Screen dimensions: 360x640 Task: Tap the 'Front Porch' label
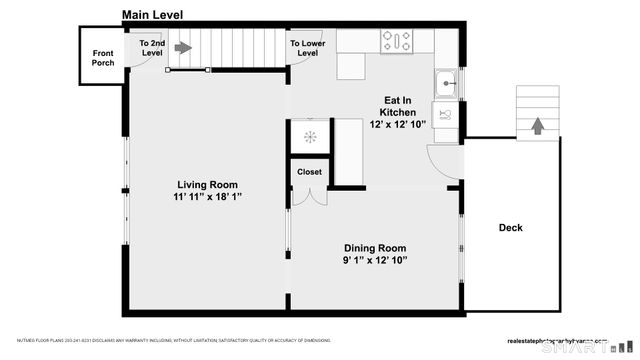pyautogui.click(x=103, y=58)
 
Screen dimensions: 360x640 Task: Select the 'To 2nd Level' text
pyautogui.click(x=151, y=49)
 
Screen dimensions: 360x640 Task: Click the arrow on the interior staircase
pyautogui.click(x=183, y=46)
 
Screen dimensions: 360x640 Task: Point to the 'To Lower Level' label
pyautogui.click(x=307, y=49)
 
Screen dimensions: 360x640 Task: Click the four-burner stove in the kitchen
pyautogui.click(x=396, y=41)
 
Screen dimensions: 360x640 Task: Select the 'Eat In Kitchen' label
pyautogui.click(x=398, y=106)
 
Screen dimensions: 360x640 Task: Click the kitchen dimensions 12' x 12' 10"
pyautogui.click(x=398, y=124)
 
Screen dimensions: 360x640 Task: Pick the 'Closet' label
pyautogui.click(x=309, y=172)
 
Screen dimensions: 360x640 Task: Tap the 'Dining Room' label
pyautogui.click(x=375, y=248)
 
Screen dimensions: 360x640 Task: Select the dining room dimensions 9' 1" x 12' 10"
pyautogui.click(x=375, y=261)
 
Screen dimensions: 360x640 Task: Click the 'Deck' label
pyautogui.click(x=510, y=228)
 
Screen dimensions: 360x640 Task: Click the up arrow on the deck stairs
pyautogui.click(x=537, y=126)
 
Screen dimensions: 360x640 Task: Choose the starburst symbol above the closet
pyautogui.click(x=309, y=137)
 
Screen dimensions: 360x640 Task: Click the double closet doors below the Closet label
pyautogui.click(x=309, y=196)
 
